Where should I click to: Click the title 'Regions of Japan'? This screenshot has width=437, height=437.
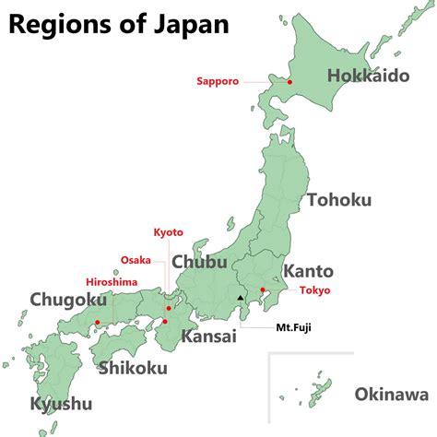click(x=118, y=23)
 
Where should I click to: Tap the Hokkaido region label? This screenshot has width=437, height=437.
click(x=367, y=76)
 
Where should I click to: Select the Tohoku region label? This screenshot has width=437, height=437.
click(x=339, y=200)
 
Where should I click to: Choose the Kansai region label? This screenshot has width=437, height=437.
click(x=207, y=337)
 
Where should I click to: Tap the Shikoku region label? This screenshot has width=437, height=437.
click(x=133, y=369)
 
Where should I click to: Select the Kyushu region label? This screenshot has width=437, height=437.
click(x=61, y=404)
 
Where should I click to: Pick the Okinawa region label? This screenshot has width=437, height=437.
click(x=391, y=395)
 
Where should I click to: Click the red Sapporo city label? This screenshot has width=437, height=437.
click(x=218, y=81)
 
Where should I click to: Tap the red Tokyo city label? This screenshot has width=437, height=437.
click(x=314, y=291)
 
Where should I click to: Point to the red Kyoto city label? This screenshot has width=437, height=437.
click(x=168, y=232)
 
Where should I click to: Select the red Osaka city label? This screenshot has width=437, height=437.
click(x=136, y=260)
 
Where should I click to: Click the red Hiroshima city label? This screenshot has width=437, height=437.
click(x=111, y=281)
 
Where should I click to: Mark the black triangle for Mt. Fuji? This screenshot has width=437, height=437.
click(x=241, y=298)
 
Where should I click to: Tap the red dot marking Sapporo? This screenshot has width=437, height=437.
click(x=289, y=82)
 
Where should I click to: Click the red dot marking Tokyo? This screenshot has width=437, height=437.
click(x=263, y=291)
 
